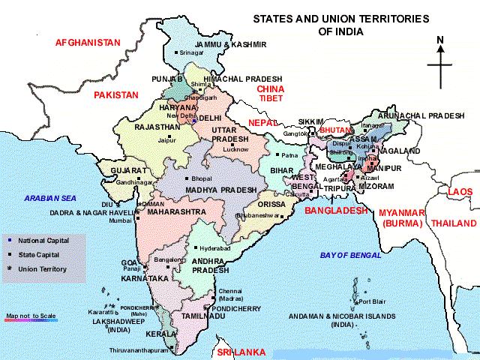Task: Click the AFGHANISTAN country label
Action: tap(88, 43)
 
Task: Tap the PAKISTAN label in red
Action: tap(116, 95)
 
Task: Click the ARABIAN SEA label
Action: tap(50, 198)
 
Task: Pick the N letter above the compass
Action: tap(440, 40)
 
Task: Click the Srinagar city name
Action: tap(191, 53)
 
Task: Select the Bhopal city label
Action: tap(202, 178)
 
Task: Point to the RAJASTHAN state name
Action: tap(157, 127)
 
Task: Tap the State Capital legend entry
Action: tap(42, 254)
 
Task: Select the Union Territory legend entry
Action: tap(42, 268)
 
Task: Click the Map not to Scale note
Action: tap(31, 316)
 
